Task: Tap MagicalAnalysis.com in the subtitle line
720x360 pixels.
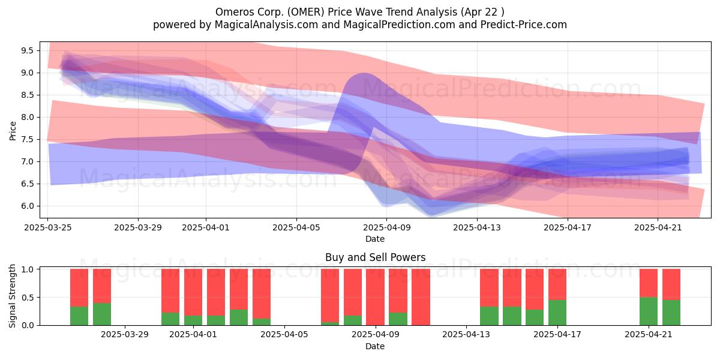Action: click(266, 25)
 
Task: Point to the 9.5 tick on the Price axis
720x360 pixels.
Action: click(27, 50)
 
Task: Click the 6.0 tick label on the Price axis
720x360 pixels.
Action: click(27, 206)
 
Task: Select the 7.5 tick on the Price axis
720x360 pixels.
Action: click(27, 139)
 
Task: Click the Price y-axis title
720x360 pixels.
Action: click(13, 131)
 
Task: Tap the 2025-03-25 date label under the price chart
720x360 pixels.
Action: click(48, 227)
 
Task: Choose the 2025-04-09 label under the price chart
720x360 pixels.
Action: click(387, 227)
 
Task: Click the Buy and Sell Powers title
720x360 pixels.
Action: click(375, 257)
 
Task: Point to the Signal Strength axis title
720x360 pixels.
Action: click(12, 296)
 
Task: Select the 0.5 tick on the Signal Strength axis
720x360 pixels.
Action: click(27, 298)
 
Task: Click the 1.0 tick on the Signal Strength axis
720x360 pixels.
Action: click(27, 269)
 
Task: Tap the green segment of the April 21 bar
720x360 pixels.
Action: click(649, 311)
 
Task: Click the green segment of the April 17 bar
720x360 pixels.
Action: click(557, 313)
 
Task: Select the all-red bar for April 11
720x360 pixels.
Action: click(421, 297)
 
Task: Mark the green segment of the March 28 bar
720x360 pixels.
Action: click(102, 314)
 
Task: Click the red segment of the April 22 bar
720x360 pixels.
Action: click(671, 284)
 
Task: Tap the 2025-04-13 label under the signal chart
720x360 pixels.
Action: click(466, 335)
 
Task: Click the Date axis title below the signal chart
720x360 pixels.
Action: click(375, 346)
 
